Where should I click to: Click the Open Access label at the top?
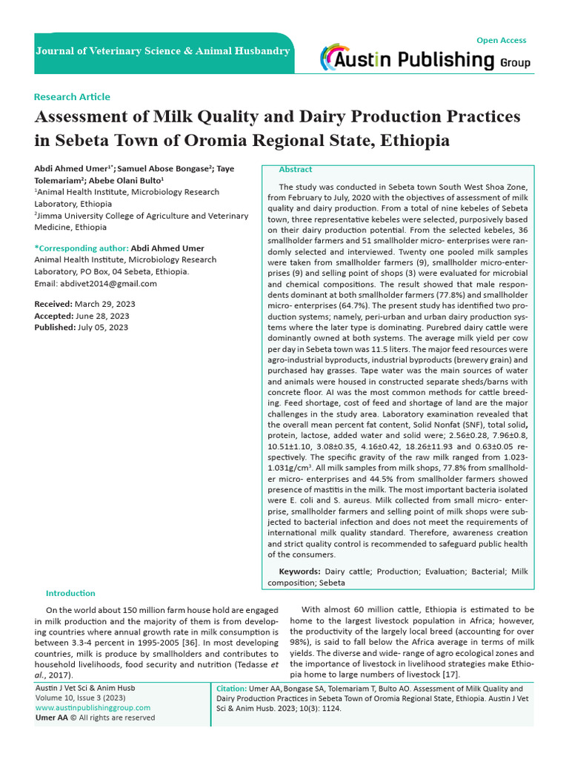coord(502,40)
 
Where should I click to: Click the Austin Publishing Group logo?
coord(425,59)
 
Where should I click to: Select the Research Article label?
coord(72,96)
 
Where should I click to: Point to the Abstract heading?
coord(295,170)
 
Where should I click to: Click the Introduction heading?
coord(70,593)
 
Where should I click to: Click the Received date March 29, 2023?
coord(100,305)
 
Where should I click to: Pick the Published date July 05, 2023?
coord(101,327)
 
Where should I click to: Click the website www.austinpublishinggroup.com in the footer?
coord(93,708)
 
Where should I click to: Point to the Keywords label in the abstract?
coord(299,571)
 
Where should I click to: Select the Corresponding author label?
coord(81,248)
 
